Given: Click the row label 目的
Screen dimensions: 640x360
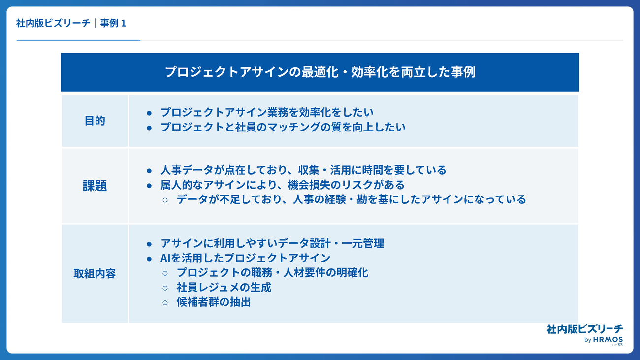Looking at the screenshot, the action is pyautogui.click(x=95, y=121).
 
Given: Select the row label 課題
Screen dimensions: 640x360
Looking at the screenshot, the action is pyautogui.click(x=95, y=186).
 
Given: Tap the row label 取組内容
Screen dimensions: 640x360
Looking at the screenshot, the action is pyautogui.click(x=95, y=274).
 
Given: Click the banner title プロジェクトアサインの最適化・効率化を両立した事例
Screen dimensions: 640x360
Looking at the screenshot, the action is pyautogui.click(x=320, y=72).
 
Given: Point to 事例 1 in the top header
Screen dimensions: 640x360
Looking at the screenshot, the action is pyautogui.click(x=113, y=23).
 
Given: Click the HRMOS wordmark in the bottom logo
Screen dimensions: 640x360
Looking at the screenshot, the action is pyautogui.click(x=608, y=340).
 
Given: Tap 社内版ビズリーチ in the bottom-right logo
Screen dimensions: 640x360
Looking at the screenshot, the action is pyautogui.click(x=584, y=329).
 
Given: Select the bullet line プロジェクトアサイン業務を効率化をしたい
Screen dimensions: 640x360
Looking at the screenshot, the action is pyautogui.click(x=267, y=112).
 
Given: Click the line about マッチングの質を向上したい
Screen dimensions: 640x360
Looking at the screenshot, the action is pyautogui.click(x=283, y=127).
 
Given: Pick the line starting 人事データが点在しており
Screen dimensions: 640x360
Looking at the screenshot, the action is pyautogui.click(x=303, y=170).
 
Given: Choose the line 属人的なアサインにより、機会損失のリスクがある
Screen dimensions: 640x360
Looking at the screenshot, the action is pyautogui.click(x=282, y=185).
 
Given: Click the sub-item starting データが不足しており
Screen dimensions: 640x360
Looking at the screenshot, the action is pyautogui.click(x=351, y=199).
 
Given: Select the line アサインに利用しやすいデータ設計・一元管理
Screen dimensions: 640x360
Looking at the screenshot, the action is pyautogui.click(x=272, y=244).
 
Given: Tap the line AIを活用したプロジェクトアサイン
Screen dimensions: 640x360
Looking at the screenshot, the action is pyautogui.click(x=246, y=258).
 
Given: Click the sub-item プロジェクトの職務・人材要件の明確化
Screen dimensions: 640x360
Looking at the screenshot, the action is pyautogui.click(x=272, y=273).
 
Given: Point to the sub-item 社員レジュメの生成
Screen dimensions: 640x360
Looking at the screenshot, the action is pyautogui.click(x=224, y=288).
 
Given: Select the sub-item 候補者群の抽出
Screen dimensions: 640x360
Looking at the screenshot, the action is pyautogui.click(x=214, y=302).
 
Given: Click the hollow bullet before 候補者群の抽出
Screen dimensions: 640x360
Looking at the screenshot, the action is pyautogui.click(x=165, y=303).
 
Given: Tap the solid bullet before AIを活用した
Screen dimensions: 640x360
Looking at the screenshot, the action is pyautogui.click(x=149, y=259).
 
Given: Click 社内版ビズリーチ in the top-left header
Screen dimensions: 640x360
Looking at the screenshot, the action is pyautogui.click(x=53, y=23).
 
